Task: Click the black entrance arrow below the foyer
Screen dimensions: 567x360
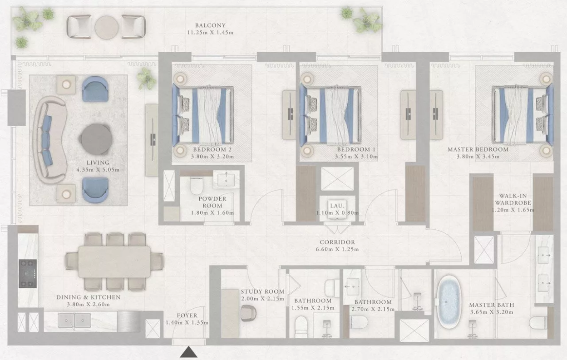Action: coord(188,352)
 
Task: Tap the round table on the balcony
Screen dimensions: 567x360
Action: coord(107,28)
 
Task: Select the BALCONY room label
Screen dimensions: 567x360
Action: coord(210,25)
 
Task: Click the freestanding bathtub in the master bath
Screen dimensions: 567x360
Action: coord(449,302)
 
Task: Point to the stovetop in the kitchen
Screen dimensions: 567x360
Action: coord(28,273)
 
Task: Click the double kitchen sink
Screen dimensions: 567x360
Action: coord(74,321)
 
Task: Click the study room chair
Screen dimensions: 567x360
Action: coord(248,313)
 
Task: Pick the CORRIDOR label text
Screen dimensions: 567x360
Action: coord(337,242)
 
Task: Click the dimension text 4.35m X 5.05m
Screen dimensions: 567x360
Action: coord(98,170)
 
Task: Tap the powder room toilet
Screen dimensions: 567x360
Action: coord(197,185)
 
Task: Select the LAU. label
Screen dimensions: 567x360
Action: coord(337,206)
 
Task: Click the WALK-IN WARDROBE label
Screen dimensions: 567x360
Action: coord(513,199)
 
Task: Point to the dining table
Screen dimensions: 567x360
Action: coord(114,261)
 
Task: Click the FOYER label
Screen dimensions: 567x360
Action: coord(187,316)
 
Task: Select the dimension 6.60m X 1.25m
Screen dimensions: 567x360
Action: coord(337,249)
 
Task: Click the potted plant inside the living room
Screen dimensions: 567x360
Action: coord(146,78)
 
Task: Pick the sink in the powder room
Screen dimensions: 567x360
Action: coord(226,180)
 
